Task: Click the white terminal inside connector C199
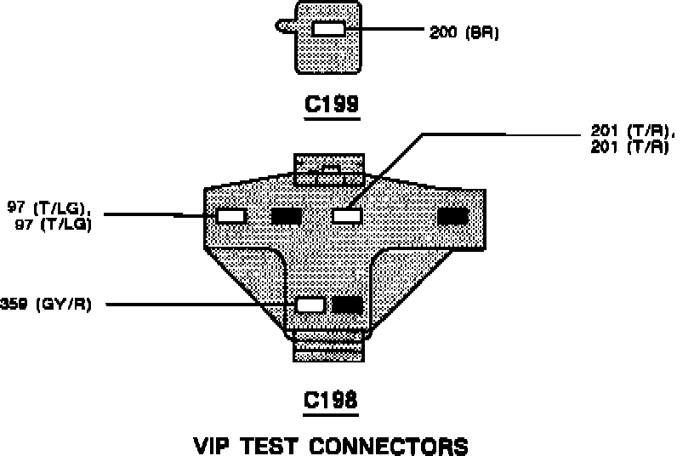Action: point(327,30)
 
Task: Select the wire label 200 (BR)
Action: point(464,33)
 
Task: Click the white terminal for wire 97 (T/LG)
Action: point(230,216)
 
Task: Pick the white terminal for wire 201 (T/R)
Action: point(347,216)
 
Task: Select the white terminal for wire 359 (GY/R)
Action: point(310,305)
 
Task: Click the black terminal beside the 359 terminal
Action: point(347,305)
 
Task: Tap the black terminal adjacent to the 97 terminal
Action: point(286,216)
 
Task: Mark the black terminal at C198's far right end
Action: point(452,216)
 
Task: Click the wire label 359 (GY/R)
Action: point(47,305)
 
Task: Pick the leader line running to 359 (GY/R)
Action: point(196,305)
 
